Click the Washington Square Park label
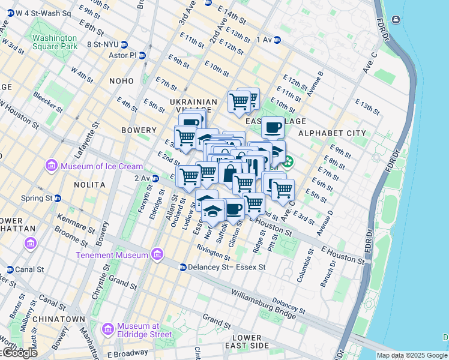(55, 42)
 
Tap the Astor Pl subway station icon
(142, 55)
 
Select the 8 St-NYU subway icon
(124, 44)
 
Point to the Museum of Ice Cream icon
(51, 166)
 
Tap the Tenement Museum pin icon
(157, 254)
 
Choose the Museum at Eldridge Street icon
(108, 329)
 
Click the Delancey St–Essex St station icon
(181, 266)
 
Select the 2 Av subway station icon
(155, 178)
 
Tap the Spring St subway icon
(58, 198)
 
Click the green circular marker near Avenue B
(289, 161)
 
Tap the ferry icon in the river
(396, 20)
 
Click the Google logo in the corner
(19, 353)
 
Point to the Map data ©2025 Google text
(411, 355)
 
